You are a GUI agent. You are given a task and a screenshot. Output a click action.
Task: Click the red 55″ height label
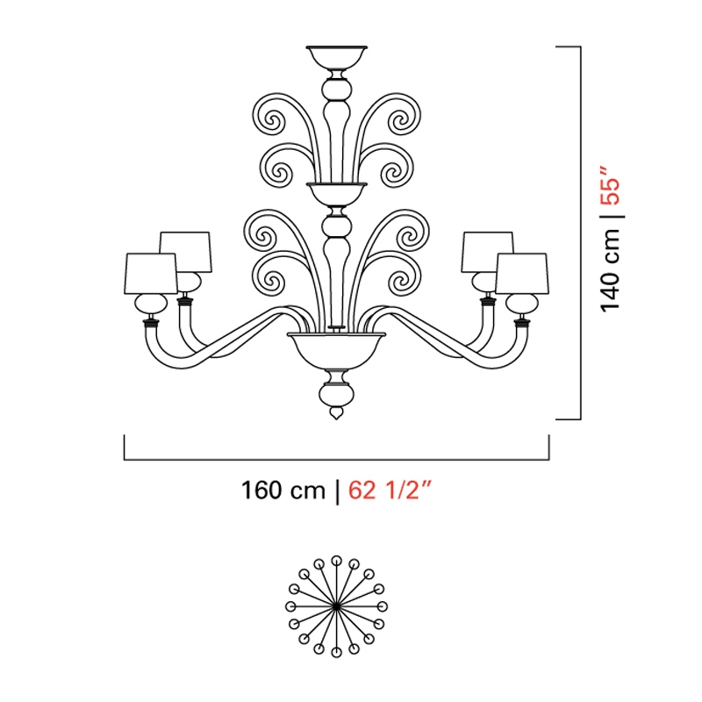pos(610,186)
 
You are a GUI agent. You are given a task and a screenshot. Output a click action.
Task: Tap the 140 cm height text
pos(610,270)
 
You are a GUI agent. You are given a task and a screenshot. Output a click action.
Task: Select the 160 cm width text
pos(283,491)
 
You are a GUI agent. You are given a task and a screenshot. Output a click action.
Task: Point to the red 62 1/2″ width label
pos(390,490)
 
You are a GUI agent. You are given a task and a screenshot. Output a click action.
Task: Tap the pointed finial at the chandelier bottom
pos(336,412)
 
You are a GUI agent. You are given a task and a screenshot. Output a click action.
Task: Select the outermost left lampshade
pos(151,274)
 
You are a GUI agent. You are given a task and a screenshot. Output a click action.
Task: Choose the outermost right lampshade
pos(522,274)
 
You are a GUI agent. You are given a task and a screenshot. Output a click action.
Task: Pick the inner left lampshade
pos(186,252)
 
